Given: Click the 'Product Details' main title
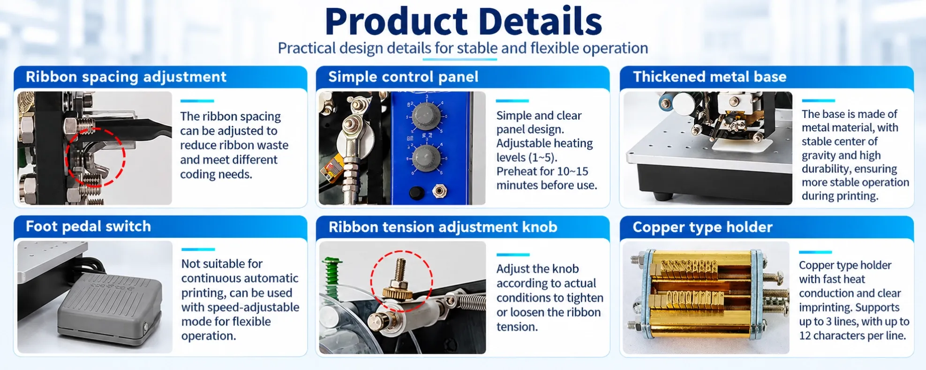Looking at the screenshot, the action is (463, 22).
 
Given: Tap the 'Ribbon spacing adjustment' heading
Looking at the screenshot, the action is (126, 77).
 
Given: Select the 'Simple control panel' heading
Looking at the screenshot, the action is (403, 77).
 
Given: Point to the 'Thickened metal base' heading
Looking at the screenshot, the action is (709, 77).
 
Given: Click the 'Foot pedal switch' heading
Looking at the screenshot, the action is (88, 227).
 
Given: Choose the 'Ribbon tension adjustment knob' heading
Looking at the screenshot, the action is (443, 227).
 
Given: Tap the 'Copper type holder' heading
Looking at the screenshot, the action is (702, 227).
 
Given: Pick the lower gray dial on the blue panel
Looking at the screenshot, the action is (425, 156).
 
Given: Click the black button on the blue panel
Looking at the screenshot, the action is (415, 192).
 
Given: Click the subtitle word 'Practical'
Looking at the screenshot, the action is (307, 48).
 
